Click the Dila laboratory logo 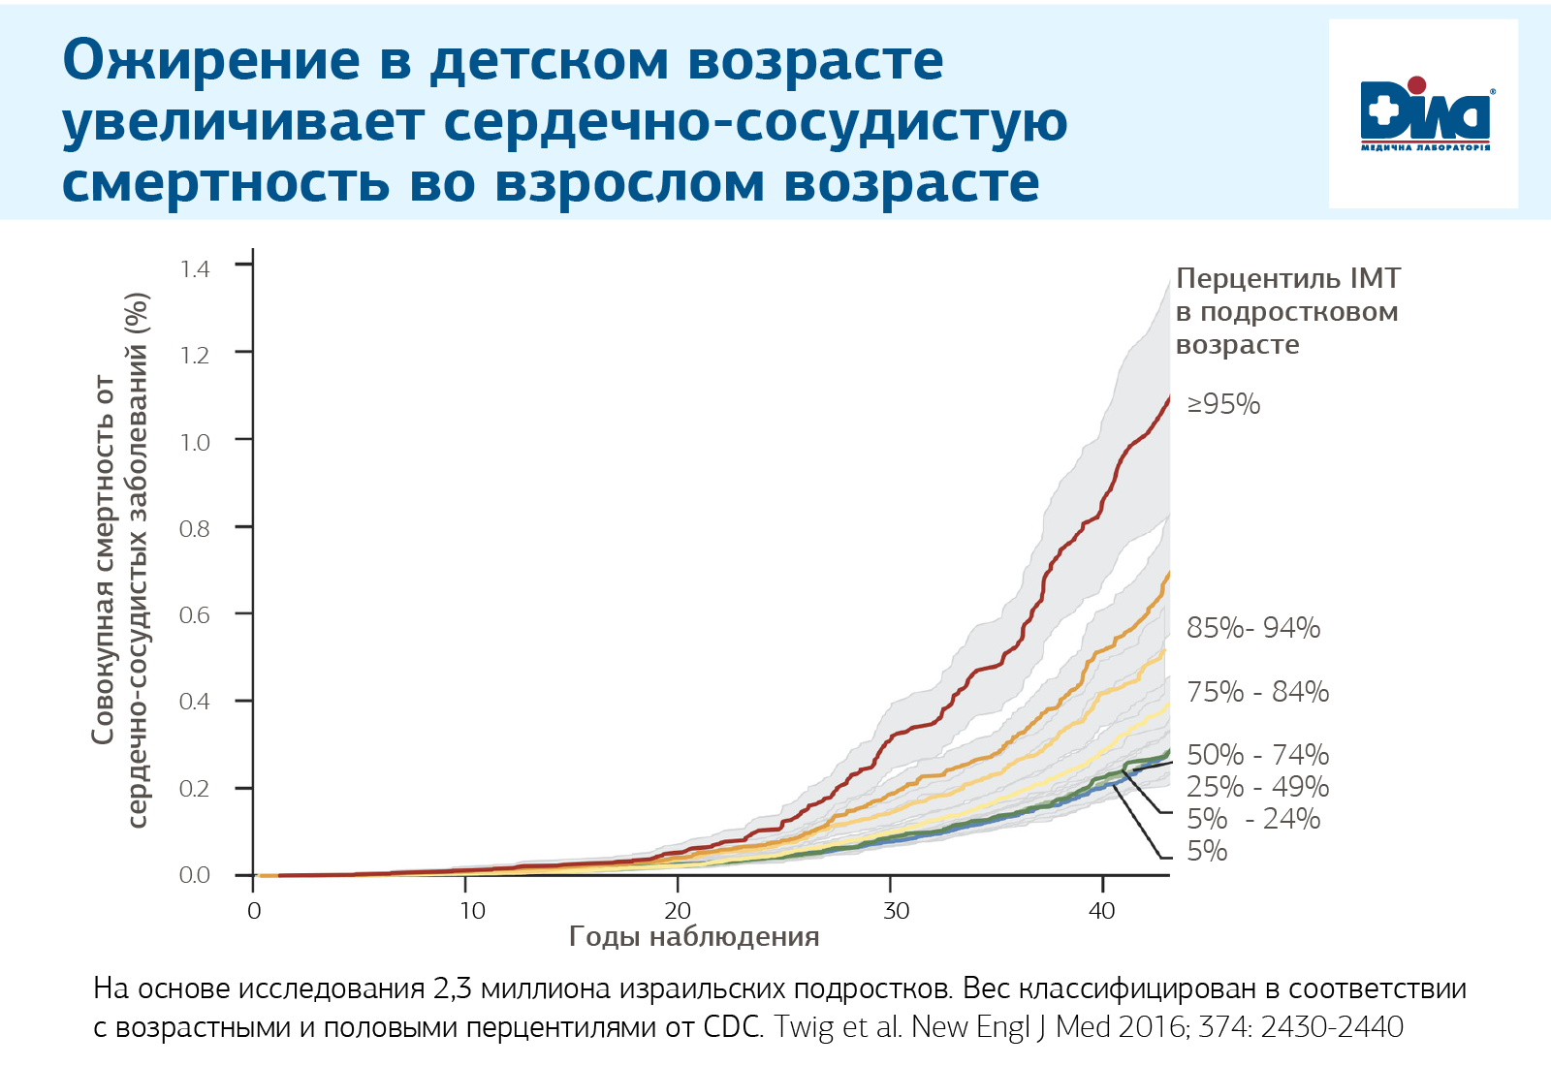(1424, 114)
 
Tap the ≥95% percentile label (1224, 404)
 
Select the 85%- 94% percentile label (1253, 628)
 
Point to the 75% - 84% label (1258, 692)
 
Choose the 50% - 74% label (1258, 755)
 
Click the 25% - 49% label (1258, 787)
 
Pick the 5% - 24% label (1253, 819)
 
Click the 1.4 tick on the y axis (195, 268)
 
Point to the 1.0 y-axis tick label (195, 442)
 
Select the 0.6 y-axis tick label (195, 615)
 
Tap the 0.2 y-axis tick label (195, 789)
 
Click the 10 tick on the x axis (472, 911)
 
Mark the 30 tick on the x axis (897, 911)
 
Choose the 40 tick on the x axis (1102, 911)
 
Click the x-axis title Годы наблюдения (694, 937)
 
